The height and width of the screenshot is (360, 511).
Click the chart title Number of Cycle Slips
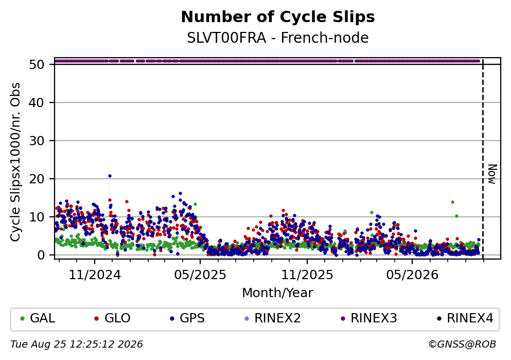278,17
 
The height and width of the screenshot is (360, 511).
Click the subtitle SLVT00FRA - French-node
278,38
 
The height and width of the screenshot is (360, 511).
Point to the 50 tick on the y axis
37,64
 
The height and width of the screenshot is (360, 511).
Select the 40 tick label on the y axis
37,102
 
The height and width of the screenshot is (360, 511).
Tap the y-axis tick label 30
37,141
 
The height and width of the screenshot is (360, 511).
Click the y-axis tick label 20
37,179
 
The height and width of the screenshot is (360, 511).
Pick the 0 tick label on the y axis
41,255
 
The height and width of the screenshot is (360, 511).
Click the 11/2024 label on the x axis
95,275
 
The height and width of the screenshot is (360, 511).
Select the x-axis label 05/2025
200,275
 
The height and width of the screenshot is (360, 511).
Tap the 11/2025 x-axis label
307,275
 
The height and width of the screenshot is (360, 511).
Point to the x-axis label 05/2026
412,275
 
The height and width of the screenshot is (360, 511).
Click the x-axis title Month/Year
278,293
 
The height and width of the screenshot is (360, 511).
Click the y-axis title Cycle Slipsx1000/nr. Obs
15,162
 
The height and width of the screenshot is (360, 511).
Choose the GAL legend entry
38,318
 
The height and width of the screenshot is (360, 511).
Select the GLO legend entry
112,318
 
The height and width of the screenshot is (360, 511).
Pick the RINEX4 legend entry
465,318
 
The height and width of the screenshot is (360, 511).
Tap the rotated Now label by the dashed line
492,174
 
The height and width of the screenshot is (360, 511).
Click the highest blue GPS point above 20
110,176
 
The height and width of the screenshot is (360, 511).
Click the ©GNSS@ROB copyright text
462,345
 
